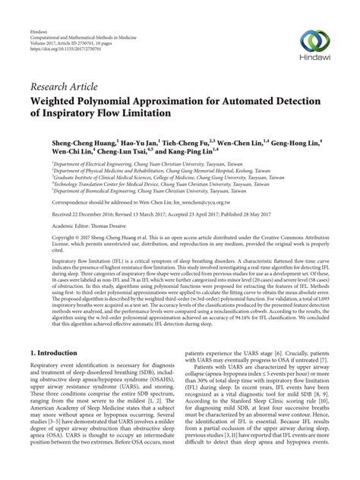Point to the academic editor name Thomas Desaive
(100, 227)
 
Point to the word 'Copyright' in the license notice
(43, 238)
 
